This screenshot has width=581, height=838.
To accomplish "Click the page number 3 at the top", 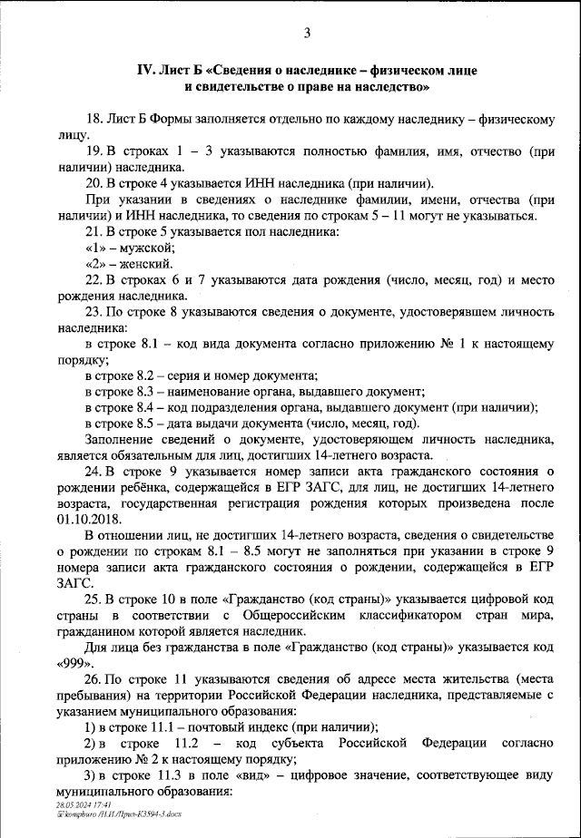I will (x=307, y=34).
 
